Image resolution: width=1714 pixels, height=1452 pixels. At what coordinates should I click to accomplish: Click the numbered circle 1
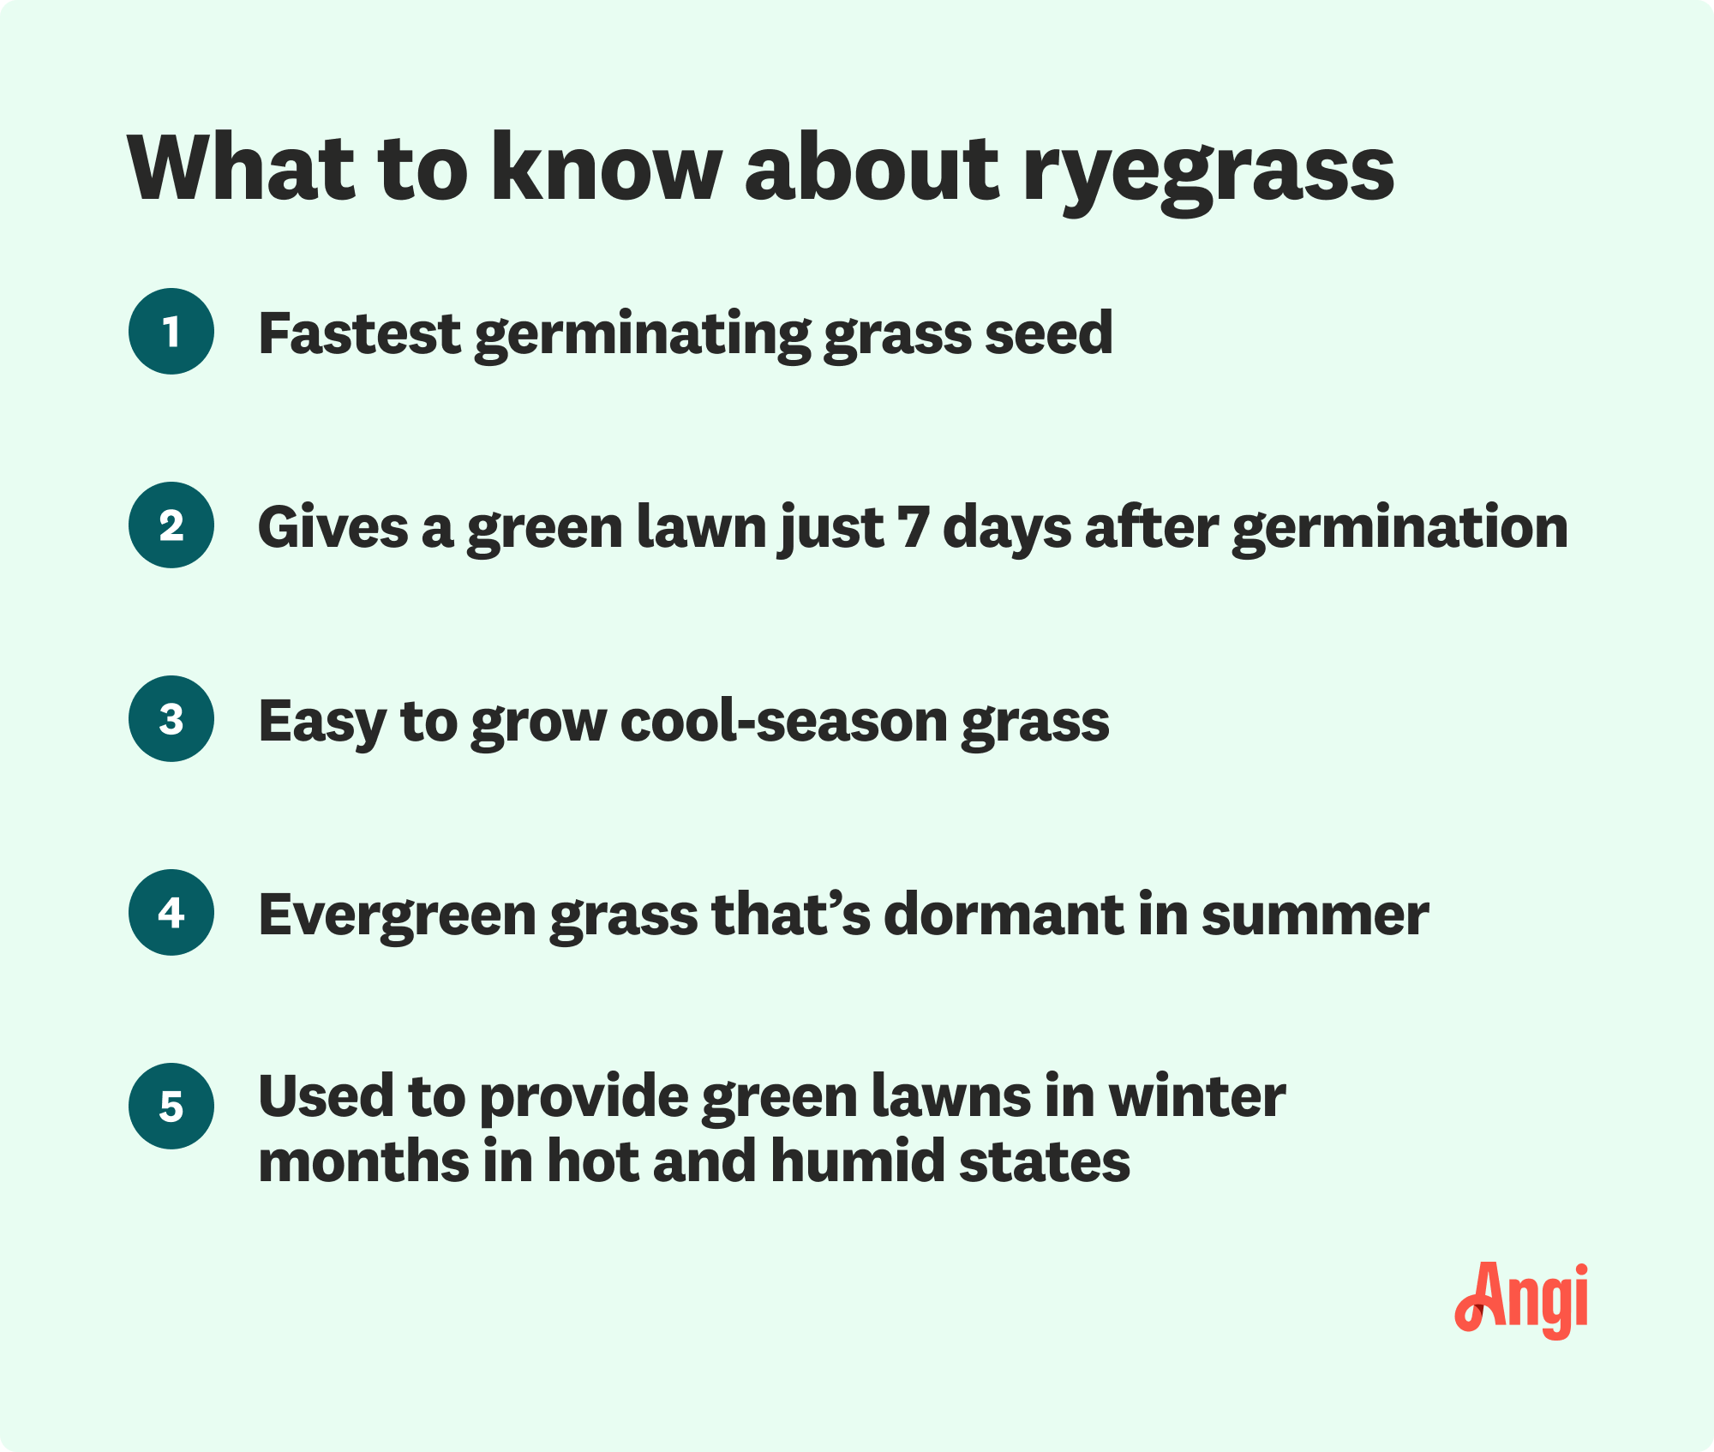coord(171,332)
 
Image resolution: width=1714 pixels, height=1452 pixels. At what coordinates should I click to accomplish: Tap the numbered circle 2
coord(171,525)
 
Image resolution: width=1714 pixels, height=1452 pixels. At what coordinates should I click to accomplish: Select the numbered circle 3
coord(171,719)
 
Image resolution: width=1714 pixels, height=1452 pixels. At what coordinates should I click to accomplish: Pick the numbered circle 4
coord(171,913)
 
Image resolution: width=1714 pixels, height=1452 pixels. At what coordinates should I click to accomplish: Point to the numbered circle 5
coord(171,1107)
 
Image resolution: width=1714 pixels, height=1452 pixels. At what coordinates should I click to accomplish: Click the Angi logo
coord(1521,1300)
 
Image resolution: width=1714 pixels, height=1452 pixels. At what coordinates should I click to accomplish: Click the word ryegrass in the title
coord(1208,171)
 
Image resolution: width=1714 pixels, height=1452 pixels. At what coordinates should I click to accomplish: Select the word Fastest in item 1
coord(360,333)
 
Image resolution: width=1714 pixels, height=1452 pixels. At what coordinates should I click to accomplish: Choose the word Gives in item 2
coord(333,526)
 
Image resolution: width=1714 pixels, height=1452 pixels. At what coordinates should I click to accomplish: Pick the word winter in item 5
coord(1197,1096)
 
